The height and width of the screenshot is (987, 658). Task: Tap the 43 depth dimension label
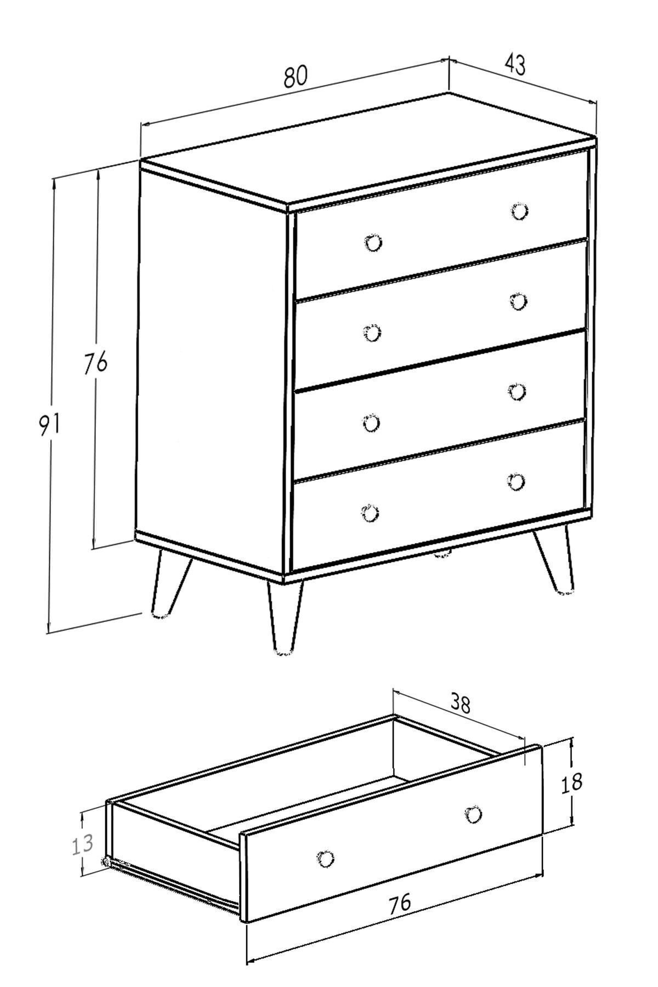point(514,64)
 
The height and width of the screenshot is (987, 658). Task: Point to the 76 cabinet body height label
point(95,363)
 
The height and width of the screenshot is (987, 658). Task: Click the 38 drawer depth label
point(460,702)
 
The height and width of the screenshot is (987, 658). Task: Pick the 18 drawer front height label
point(571,782)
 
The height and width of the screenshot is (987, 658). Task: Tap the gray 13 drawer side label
point(82,844)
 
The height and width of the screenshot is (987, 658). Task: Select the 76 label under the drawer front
point(399,903)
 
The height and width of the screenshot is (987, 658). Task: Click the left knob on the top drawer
point(373,242)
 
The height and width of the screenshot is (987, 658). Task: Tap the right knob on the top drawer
point(519,211)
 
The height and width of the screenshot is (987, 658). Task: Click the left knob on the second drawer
point(372,333)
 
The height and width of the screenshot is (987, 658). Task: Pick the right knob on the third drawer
point(517,392)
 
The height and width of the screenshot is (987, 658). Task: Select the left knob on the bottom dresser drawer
point(370,514)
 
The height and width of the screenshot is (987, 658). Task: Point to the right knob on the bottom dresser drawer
point(515,481)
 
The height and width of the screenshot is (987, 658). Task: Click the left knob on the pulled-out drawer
point(326,859)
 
